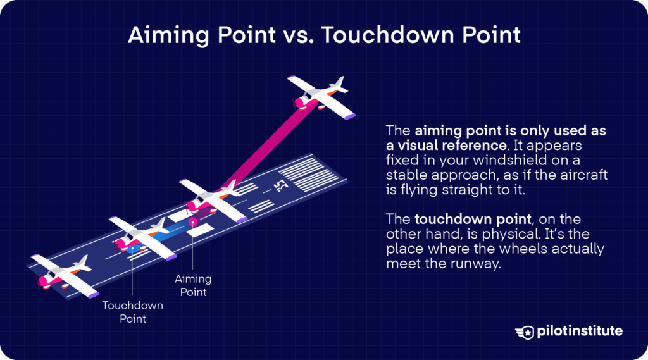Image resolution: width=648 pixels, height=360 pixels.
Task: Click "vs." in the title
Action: coord(299,35)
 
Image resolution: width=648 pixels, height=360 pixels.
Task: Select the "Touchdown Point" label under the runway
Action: coord(133,312)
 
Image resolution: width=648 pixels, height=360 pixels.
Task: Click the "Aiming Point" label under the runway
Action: coord(193,285)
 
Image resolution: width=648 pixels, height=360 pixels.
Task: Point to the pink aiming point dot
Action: coord(192,222)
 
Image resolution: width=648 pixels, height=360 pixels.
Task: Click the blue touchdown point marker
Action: coord(132,249)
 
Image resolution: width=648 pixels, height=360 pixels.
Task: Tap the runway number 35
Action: coord(282,186)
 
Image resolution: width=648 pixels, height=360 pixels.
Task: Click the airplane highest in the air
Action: coord(321,97)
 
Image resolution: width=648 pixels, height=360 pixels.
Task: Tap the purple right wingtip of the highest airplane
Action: coord(349,117)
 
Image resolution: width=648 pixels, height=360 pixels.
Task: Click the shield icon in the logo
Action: coord(525,332)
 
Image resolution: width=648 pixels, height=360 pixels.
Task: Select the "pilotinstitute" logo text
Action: coord(580,331)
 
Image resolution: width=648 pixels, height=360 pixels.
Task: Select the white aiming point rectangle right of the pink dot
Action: coord(200,230)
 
